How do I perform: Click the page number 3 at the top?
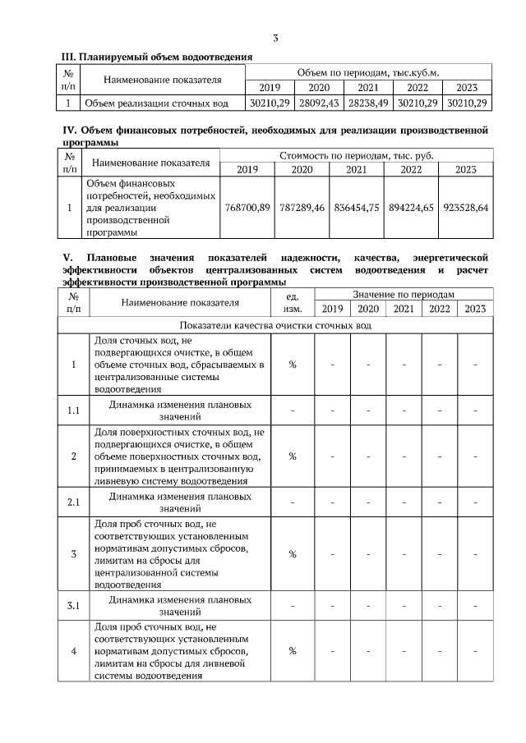tap(276, 38)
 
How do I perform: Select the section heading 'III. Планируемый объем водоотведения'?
tap(158, 57)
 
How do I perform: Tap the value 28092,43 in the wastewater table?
tap(319, 103)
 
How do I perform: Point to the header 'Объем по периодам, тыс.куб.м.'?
tap(367, 72)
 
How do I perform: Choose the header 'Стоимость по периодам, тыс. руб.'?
tap(356, 154)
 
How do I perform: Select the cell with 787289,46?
tap(302, 209)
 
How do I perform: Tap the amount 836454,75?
tap(356, 209)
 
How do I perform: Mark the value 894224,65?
tap(410, 209)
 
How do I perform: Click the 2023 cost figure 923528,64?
tap(465, 209)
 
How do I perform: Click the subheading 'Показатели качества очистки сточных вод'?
tap(276, 325)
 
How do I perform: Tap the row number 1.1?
tap(73, 410)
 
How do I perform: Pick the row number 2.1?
tap(73, 501)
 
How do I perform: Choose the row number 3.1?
tap(73, 607)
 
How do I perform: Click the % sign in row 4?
tap(292, 651)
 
